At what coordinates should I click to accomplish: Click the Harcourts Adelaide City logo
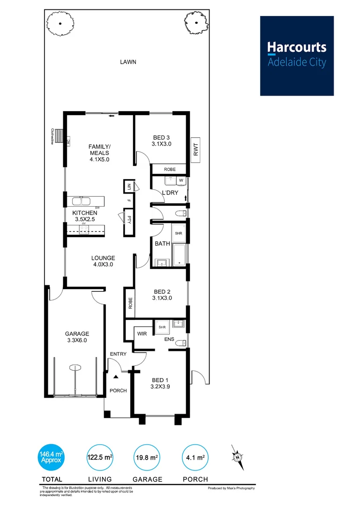(297, 56)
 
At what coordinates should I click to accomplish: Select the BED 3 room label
(162, 141)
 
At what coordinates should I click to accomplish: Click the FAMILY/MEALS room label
(99, 153)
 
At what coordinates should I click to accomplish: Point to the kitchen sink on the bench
(82, 201)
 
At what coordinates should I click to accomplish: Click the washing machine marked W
(181, 179)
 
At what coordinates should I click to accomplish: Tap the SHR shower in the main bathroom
(179, 233)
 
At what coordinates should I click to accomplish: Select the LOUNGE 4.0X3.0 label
(103, 261)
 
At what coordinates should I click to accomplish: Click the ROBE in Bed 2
(130, 303)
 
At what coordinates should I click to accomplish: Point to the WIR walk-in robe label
(142, 334)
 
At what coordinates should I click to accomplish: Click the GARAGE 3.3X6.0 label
(77, 337)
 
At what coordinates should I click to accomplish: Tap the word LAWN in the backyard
(127, 62)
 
